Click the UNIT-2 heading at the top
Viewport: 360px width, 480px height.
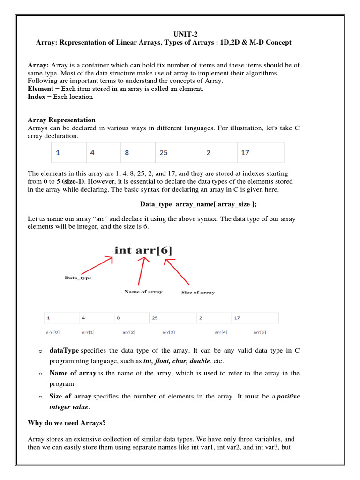[180, 34]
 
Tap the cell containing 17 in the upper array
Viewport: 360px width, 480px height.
[260, 152]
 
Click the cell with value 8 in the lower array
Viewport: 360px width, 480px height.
[132, 318]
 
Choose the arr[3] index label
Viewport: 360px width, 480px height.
[169, 332]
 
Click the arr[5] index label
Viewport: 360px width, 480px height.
[260, 332]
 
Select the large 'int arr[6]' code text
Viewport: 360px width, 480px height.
[143, 250]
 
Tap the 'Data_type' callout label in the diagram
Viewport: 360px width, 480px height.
[78, 278]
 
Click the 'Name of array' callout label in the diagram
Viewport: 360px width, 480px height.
[143, 292]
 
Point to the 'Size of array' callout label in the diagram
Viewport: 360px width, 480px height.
[198, 292]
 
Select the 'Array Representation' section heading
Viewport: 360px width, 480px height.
[61, 120]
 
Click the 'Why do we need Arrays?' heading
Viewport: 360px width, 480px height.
[67, 423]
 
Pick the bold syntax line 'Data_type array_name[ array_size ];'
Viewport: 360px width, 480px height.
[198, 204]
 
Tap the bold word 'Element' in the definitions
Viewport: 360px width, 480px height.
[40, 89]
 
